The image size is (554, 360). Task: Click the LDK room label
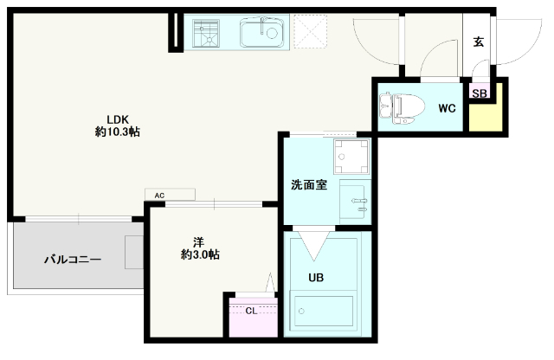[118, 119]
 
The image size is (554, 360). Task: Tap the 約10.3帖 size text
[118, 132]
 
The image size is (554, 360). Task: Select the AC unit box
[170, 195]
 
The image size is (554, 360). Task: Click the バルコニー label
[73, 260]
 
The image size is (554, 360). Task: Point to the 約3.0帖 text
[200, 254]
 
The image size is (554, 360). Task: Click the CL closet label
[251, 311]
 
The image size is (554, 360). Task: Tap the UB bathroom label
[316, 278]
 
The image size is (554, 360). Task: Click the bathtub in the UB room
[323, 312]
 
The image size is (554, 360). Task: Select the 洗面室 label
[309, 185]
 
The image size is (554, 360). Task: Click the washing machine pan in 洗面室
[351, 157]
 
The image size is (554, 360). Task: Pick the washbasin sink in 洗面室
[354, 202]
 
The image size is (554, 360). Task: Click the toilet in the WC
[402, 108]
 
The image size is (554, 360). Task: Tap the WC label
[447, 108]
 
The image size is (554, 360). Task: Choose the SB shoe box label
[480, 93]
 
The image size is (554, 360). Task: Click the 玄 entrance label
[479, 42]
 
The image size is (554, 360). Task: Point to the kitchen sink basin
[261, 32]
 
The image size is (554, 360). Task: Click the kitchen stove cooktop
[206, 33]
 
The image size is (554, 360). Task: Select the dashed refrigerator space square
[310, 31]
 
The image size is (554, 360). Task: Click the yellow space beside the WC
[486, 113]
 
